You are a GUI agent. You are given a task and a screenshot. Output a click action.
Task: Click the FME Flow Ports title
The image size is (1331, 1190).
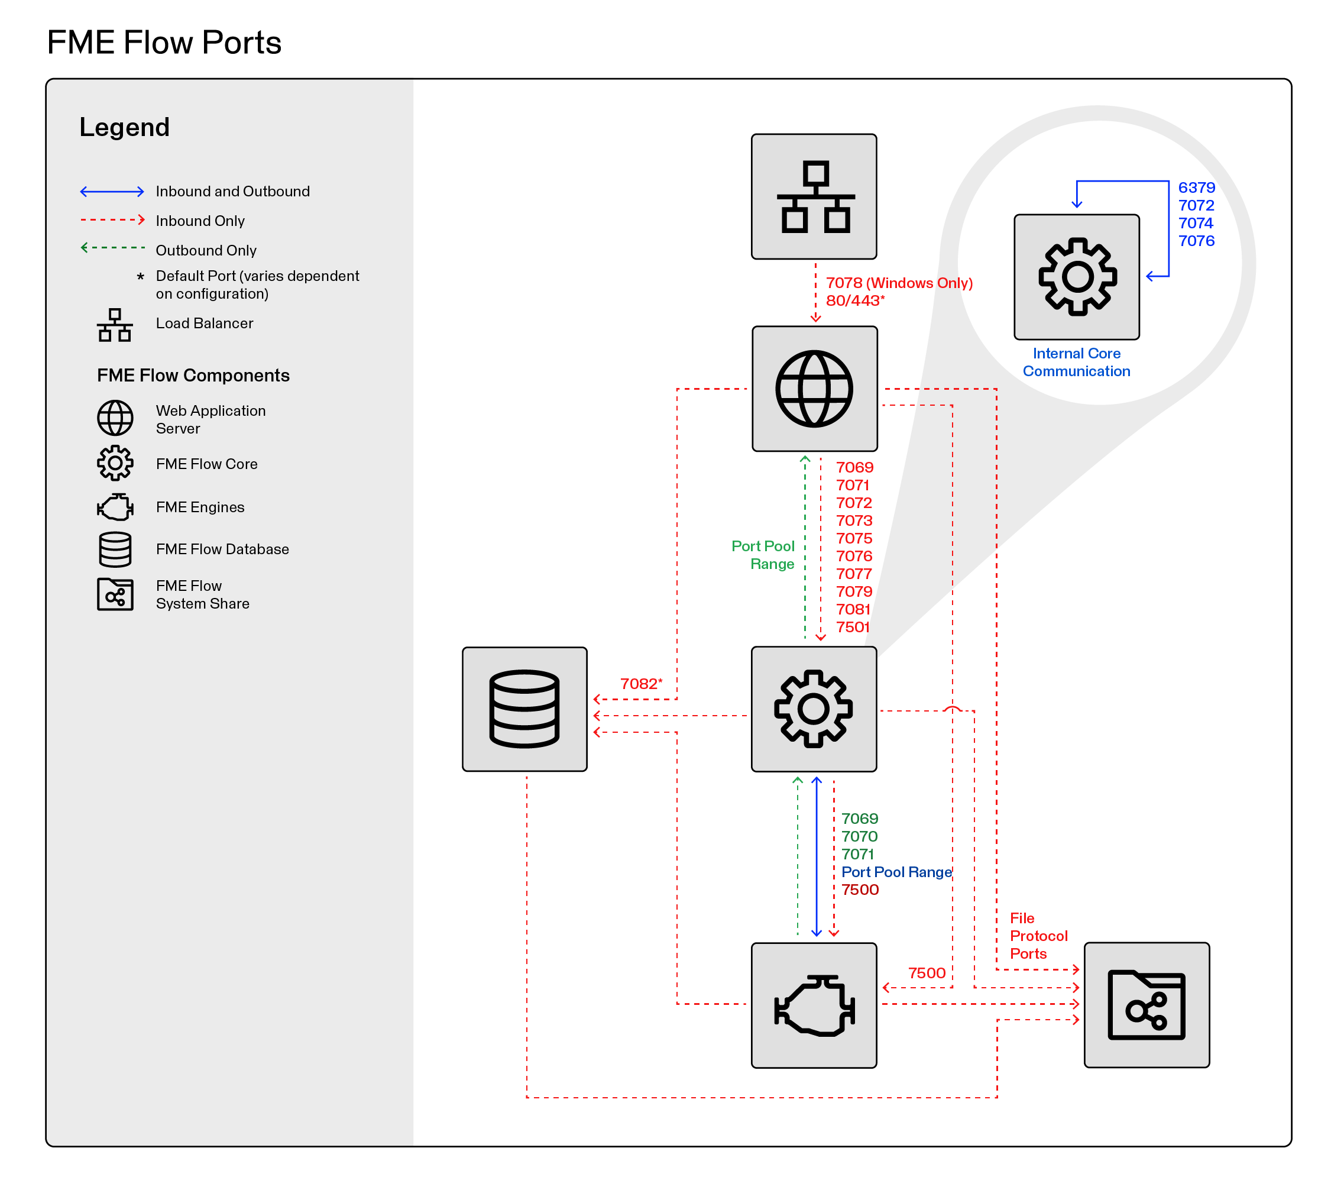[x=164, y=43]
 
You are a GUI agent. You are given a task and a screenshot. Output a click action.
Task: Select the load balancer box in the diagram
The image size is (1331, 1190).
[x=813, y=197]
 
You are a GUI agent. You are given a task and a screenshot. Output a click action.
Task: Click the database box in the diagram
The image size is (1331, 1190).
[x=524, y=709]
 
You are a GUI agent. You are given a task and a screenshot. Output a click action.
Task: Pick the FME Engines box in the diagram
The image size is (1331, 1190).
[x=813, y=1005]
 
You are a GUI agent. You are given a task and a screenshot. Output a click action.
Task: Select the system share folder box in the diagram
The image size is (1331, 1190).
[x=1146, y=1005]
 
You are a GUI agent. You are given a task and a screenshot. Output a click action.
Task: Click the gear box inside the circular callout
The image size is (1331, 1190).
[x=1076, y=277]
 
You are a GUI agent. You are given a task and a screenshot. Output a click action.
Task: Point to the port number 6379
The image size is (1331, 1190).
[x=1196, y=187]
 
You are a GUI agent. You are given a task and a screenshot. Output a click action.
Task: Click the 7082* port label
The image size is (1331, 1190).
[x=640, y=684]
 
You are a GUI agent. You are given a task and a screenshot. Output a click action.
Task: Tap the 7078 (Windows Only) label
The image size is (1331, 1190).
[x=899, y=283]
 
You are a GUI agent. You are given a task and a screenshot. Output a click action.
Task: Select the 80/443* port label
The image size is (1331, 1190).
[x=854, y=301]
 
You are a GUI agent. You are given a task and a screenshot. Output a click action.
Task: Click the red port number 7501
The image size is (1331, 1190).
[x=853, y=627]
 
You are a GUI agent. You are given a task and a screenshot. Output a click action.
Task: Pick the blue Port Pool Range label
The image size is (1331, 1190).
[x=896, y=872]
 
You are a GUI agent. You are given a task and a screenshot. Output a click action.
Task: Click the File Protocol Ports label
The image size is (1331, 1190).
[x=1038, y=936]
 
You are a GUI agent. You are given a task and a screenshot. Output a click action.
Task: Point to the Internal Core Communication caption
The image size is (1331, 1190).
[x=1076, y=362]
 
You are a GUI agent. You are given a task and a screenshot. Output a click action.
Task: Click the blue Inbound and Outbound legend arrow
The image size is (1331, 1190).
[x=112, y=192]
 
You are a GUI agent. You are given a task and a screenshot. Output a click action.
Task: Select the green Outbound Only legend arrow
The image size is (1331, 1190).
[x=112, y=248]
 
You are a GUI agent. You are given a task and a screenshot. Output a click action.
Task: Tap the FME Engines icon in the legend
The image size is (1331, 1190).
[x=115, y=507]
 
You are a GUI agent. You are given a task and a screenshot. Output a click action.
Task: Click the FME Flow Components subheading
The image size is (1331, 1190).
[x=193, y=376]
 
